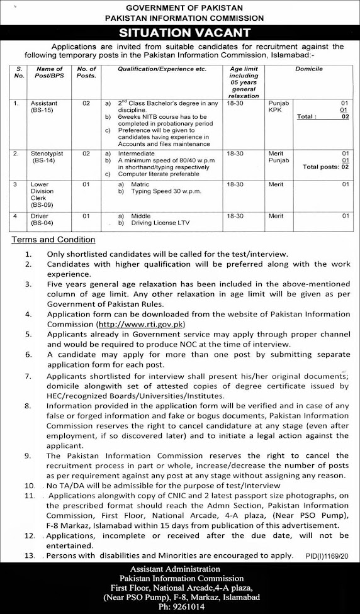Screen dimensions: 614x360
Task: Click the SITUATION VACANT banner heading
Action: pyautogui.click(x=179, y=33)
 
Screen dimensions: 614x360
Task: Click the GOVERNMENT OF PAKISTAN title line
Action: pyautogui.click(x=180, y=7)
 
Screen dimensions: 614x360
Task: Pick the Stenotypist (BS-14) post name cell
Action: pyautogui.click(x=48, y=155)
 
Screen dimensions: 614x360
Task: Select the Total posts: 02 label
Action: pyautogui.click(x=325, y=167)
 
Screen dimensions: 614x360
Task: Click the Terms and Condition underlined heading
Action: pyautogui.click(x=53, y=240)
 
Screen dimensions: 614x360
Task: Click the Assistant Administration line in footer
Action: pyautogui.click(x=179, y=569)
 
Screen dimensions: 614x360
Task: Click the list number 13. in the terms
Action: pyautogui.click(x=30, y=555)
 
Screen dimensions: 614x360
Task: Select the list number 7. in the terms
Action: pyautogui.click(x=29, y=376)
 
